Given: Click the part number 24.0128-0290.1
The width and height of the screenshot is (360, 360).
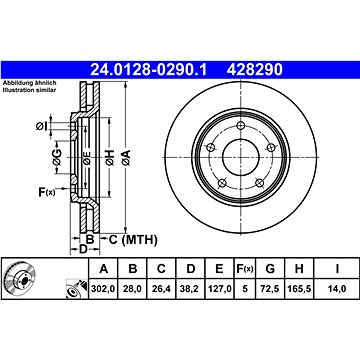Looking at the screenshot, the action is [149, 70].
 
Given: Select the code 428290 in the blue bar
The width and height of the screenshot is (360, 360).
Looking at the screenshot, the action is [254, 70].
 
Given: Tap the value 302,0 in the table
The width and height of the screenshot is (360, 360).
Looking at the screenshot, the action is [103, 289].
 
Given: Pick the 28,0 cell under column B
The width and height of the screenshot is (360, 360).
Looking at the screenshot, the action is [133, 289].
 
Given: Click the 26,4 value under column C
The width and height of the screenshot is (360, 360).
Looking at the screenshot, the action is [161, 289].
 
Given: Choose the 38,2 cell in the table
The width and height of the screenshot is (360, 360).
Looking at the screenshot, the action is [190, 289].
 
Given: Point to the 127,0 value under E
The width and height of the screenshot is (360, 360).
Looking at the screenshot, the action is [219, 289].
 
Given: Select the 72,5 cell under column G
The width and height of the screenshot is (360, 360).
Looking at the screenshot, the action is [270, 289].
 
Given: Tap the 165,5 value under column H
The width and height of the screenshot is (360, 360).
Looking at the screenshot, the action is [299, 289].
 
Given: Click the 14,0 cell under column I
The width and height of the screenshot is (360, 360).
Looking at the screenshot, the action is [337, 289].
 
